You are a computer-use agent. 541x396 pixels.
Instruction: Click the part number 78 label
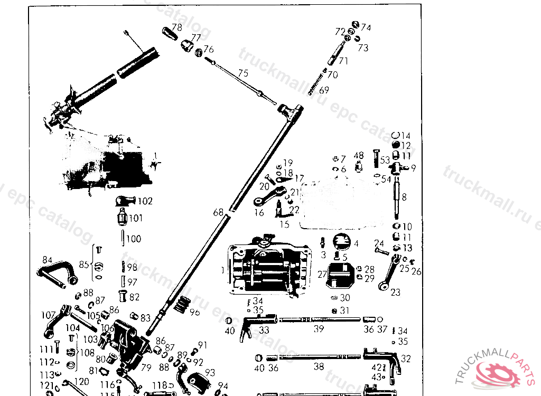click(177, 27)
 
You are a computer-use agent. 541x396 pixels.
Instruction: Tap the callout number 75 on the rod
click(243, 73)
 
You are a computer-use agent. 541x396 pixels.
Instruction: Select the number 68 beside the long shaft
click(218, 213)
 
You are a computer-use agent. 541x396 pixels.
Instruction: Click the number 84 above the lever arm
click(48, 260)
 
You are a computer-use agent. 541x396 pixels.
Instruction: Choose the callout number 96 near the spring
click(195, 313)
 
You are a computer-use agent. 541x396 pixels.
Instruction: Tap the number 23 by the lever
click(395, 292)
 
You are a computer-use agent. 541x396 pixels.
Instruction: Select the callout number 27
click(322, 274)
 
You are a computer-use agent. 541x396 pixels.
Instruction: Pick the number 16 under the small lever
click(259, 213)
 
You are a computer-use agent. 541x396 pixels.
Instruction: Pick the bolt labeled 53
click(376, 159)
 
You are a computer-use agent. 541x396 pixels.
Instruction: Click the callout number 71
click(343, 61)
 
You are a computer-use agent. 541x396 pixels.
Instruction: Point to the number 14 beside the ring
click(406, 136)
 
